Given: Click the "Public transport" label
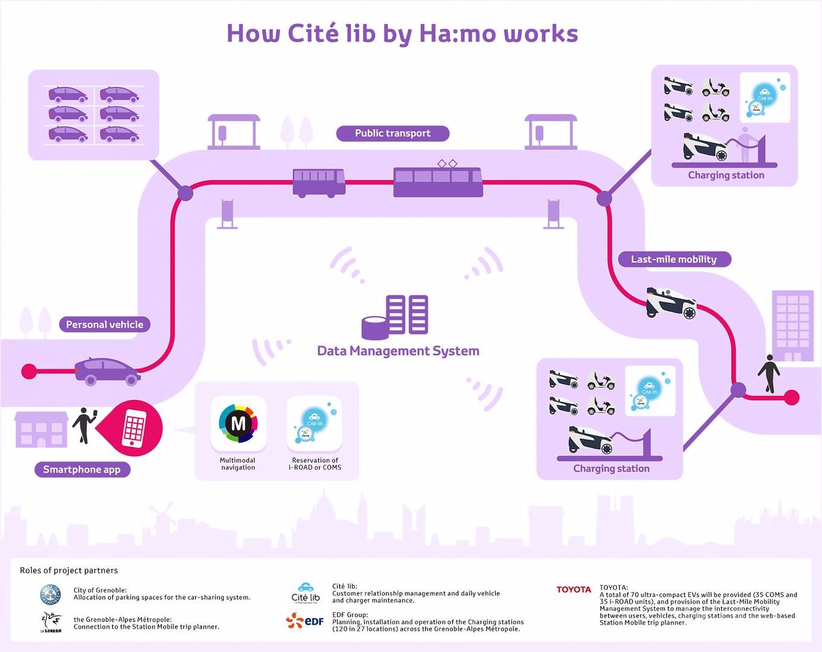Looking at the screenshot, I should pos(393,133).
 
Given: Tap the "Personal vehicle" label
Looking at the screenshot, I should pos(104,325).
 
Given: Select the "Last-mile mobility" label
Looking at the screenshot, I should pos(673,260).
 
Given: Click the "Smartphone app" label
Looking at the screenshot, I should pos(82,470).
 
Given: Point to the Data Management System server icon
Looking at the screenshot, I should pos(396,316).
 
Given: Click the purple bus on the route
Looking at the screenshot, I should pos(319,182).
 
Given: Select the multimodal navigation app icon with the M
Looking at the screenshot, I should pos(239,423).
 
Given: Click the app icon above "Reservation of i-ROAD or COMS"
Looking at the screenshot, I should pos(314,423).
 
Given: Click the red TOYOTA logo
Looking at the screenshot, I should pos(574,590).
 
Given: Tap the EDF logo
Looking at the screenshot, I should pos(305,621).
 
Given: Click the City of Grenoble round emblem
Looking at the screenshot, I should pos(51,595).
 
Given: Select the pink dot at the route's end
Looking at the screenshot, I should pos(791,397).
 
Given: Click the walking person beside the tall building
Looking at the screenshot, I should pos(769,374).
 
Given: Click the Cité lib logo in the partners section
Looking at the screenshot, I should pos(306,593).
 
